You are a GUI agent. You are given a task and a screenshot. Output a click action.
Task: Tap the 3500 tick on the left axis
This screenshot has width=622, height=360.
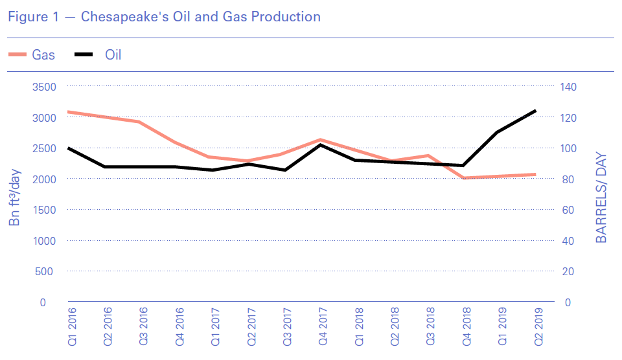click(44, 87)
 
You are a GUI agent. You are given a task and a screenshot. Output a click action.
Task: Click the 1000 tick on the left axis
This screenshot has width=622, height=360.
click(44, 241)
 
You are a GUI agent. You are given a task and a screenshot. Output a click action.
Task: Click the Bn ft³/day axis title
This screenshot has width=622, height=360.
click(15, 194)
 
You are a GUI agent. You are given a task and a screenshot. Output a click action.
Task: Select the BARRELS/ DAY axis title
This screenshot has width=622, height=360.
click(601, 198)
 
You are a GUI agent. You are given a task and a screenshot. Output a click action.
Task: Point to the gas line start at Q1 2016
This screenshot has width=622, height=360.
click(68, 111)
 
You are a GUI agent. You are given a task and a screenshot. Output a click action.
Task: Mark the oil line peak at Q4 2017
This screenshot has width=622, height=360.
click(321, 144)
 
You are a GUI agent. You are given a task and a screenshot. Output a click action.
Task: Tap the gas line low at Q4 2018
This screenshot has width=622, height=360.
click(464, 178)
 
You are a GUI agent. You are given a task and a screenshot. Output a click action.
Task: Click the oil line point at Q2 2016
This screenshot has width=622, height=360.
click(104, 166)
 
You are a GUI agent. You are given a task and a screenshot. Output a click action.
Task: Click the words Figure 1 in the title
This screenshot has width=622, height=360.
click(32, 17)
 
